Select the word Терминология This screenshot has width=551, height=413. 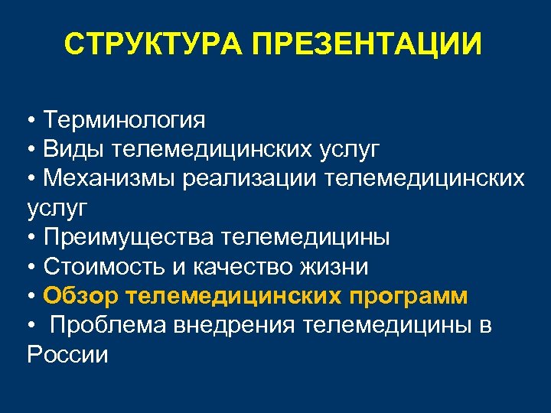pyautogui.click(x=124, y=120)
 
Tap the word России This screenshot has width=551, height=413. pyautogui.click(x=67, y=355)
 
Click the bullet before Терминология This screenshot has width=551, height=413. pyautogui.click(x=31, y=121)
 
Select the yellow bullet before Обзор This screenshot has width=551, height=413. pyautogui.click(x=31, y=297)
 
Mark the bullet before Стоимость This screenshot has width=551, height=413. pyautogui.click(x=31, y=268)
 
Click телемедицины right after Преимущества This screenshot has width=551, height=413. pyautogui.click(x=305, y=237)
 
